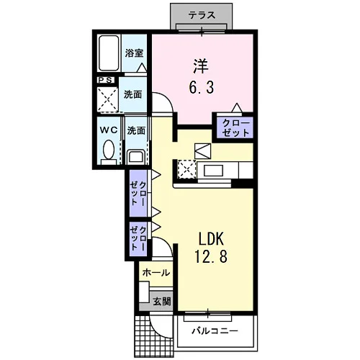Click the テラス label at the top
[x=202, y=15]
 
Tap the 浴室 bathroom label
[x=134, y=53]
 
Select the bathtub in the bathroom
[x=109, y=53]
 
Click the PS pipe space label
[x=106, y=81]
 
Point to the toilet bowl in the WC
[x=109, y=149]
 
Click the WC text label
[x=109, y=130]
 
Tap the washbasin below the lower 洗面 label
[x=135, y=157]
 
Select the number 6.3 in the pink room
[x=201, y=88]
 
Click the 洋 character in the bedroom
[x=201, y=67]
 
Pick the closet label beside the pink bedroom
[x=235, y=128]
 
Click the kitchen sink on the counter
[x=213, y=170]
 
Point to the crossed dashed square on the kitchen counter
[x=187, y=169]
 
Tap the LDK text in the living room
[x=211, y=239]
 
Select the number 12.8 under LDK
[x=211, y=256]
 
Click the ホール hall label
[x=156, y=273]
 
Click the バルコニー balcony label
[x=215, y=331]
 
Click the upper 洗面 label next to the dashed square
[x=132, y=94]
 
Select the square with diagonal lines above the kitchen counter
[x=203, y=151]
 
